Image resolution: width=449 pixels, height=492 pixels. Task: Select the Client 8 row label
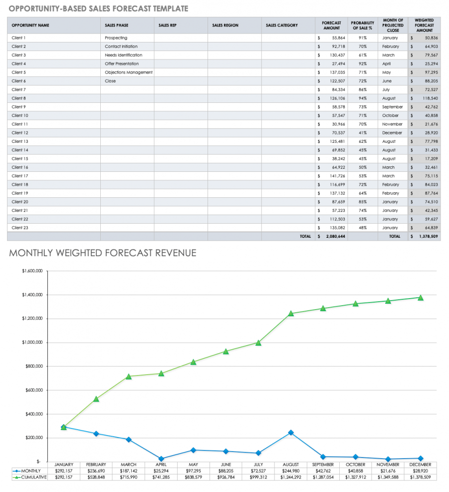pos(18,98)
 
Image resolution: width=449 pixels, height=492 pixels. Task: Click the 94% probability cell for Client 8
pos(363,98)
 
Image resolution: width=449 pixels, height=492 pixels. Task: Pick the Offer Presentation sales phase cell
pos(122,64)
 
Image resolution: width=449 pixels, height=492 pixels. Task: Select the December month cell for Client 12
pos(392,133)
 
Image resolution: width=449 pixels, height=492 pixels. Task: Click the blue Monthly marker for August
pos(291,433)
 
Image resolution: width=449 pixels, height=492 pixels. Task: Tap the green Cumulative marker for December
pos(421,298)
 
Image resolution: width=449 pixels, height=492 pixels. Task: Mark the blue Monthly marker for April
pos(161,459)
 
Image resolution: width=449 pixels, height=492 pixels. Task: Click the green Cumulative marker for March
pos(129,376)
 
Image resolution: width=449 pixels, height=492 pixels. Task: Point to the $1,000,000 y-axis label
pos(31,343)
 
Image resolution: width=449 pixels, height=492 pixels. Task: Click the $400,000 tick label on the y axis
pos(32,414)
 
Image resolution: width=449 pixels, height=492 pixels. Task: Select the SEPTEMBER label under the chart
pos(323,465)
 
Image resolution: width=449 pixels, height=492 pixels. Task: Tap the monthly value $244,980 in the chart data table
pos(291,471)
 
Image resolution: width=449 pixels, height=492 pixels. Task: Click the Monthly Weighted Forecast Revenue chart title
pos(103,253)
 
